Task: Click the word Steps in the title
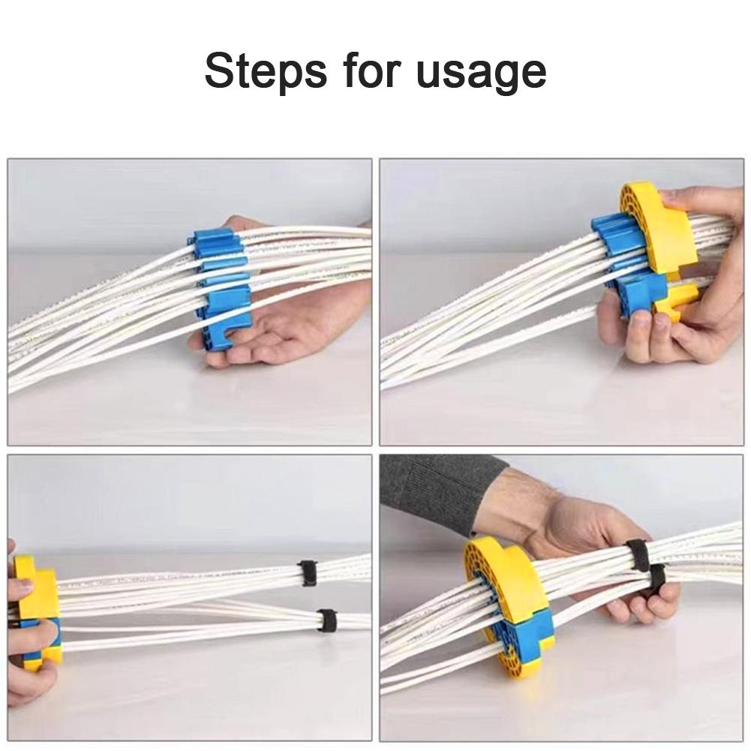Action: [266, 71]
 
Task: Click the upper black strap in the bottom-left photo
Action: [308, 572]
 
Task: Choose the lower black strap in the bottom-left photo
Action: [327, 620]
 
